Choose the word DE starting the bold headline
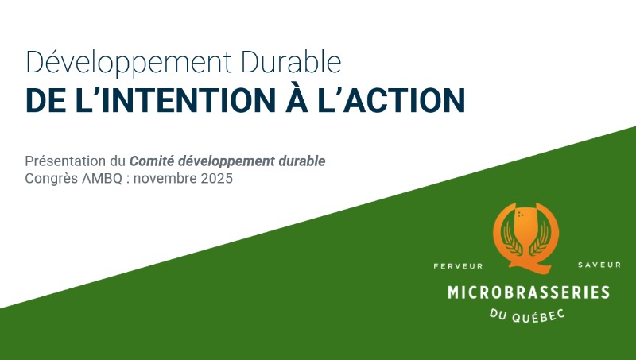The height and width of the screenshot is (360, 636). [46, 101]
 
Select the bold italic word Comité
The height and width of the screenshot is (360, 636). [153, 161]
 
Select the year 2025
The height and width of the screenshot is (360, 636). [216, 178]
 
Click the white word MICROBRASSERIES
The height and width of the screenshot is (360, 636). [528, 292]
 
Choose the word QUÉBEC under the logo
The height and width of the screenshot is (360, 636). [540, 316]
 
